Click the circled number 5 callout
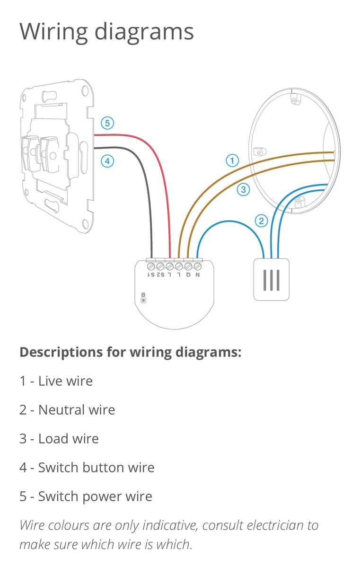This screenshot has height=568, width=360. (107, 124)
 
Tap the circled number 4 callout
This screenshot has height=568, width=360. (107, 161)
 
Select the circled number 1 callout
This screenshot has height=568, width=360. (231, 161)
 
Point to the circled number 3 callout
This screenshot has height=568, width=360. (243, 190)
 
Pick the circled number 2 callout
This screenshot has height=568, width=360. (261, 220)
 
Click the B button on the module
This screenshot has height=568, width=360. (143, 300)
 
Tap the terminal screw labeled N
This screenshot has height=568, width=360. (197, 266)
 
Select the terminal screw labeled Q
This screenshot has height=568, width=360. (188, 266)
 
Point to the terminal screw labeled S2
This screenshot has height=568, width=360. (161, 266)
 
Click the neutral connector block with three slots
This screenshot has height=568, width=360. (271, 280)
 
